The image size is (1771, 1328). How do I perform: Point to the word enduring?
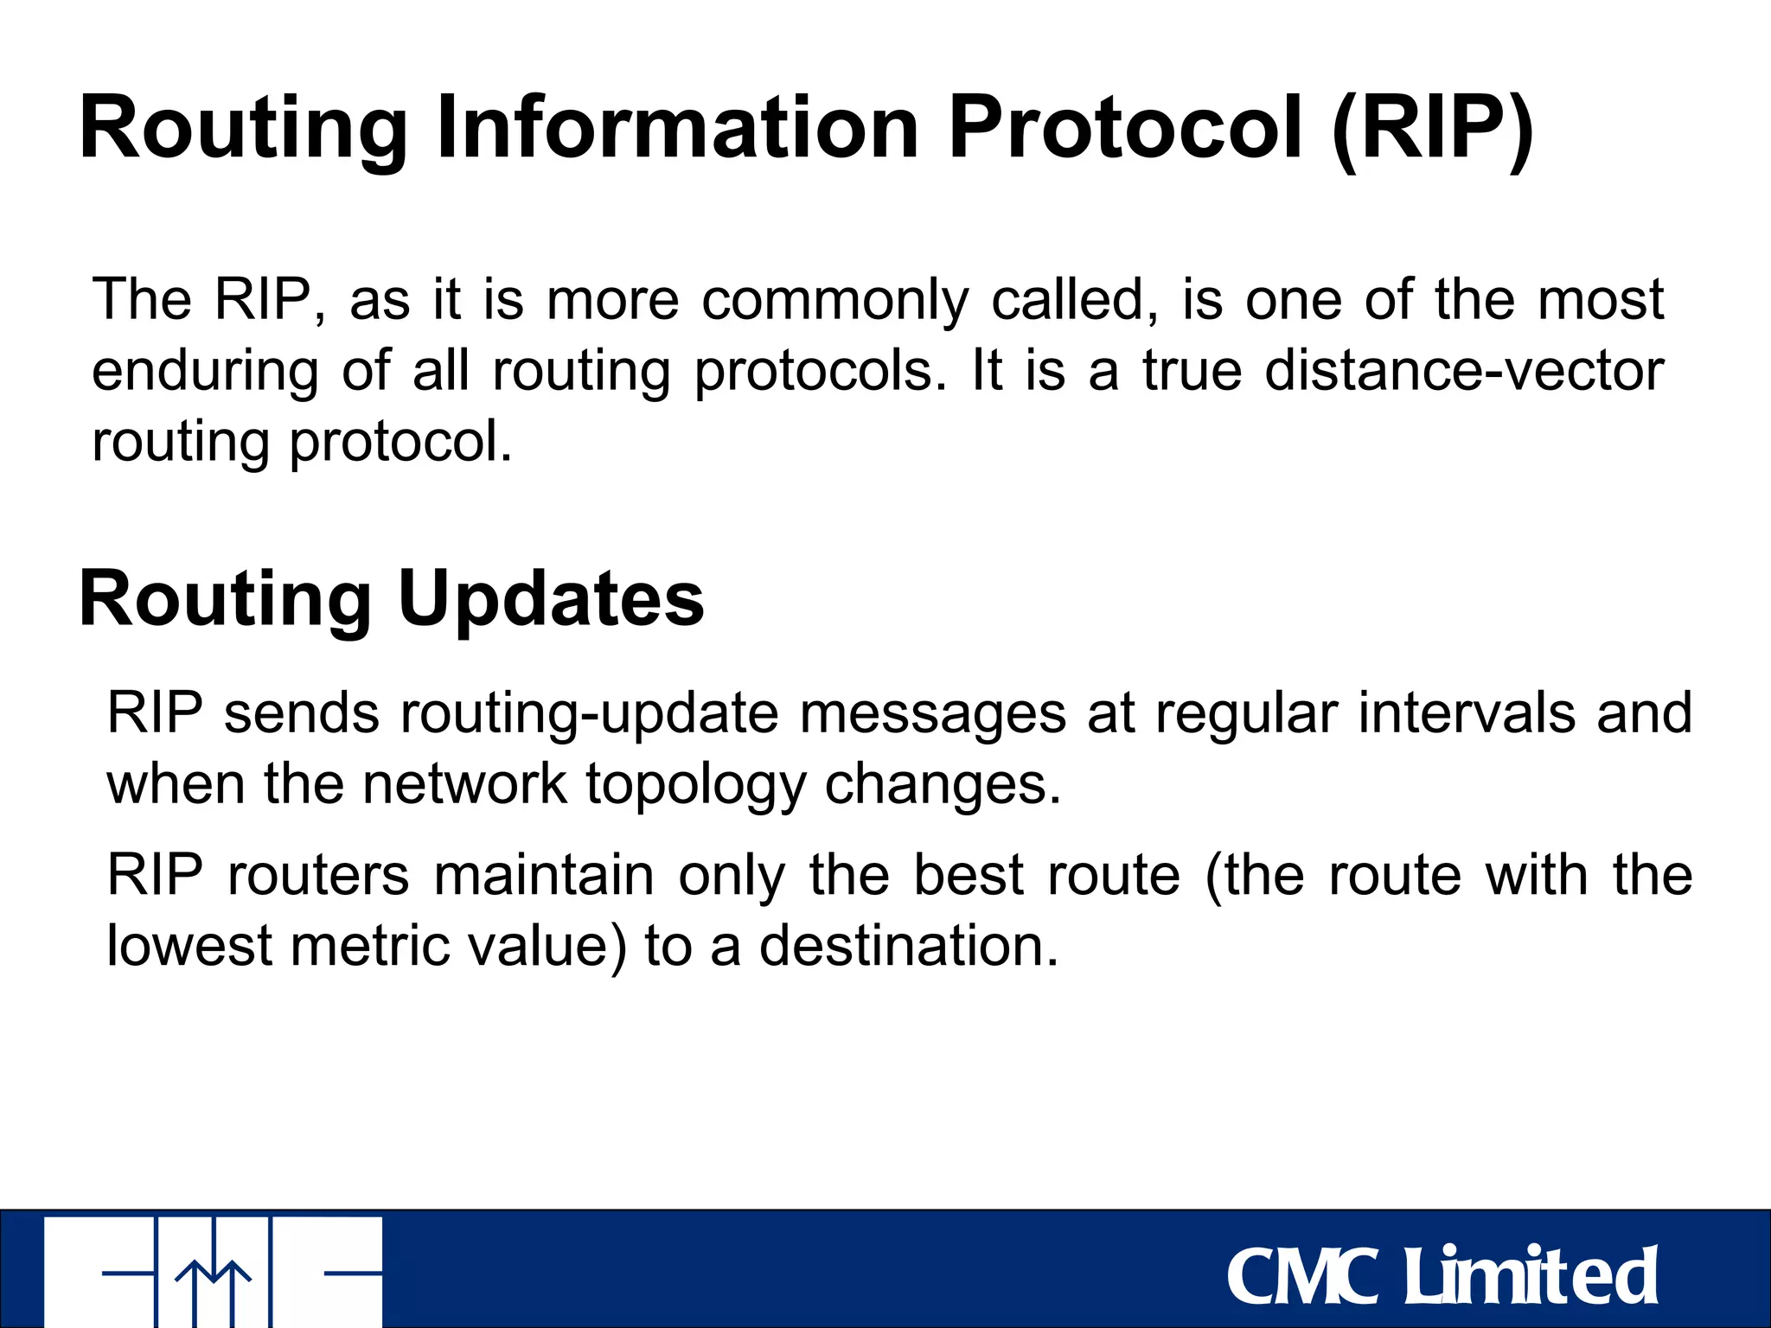click(x=205, y=372)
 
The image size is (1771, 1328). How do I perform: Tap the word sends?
click(x=302, y=713)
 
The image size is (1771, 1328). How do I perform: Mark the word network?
click(x=464, y=784)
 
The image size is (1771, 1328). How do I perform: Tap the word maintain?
click(x=544, y=875)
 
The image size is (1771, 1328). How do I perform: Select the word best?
click(x=969, y=875)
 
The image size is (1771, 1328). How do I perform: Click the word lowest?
click(x=190, y=945)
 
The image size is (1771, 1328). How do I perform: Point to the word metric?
click(x=370, y=945)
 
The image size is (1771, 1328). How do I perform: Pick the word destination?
click(x=909, y=945)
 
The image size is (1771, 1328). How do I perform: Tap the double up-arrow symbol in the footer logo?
click(x=214, y=1288)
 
